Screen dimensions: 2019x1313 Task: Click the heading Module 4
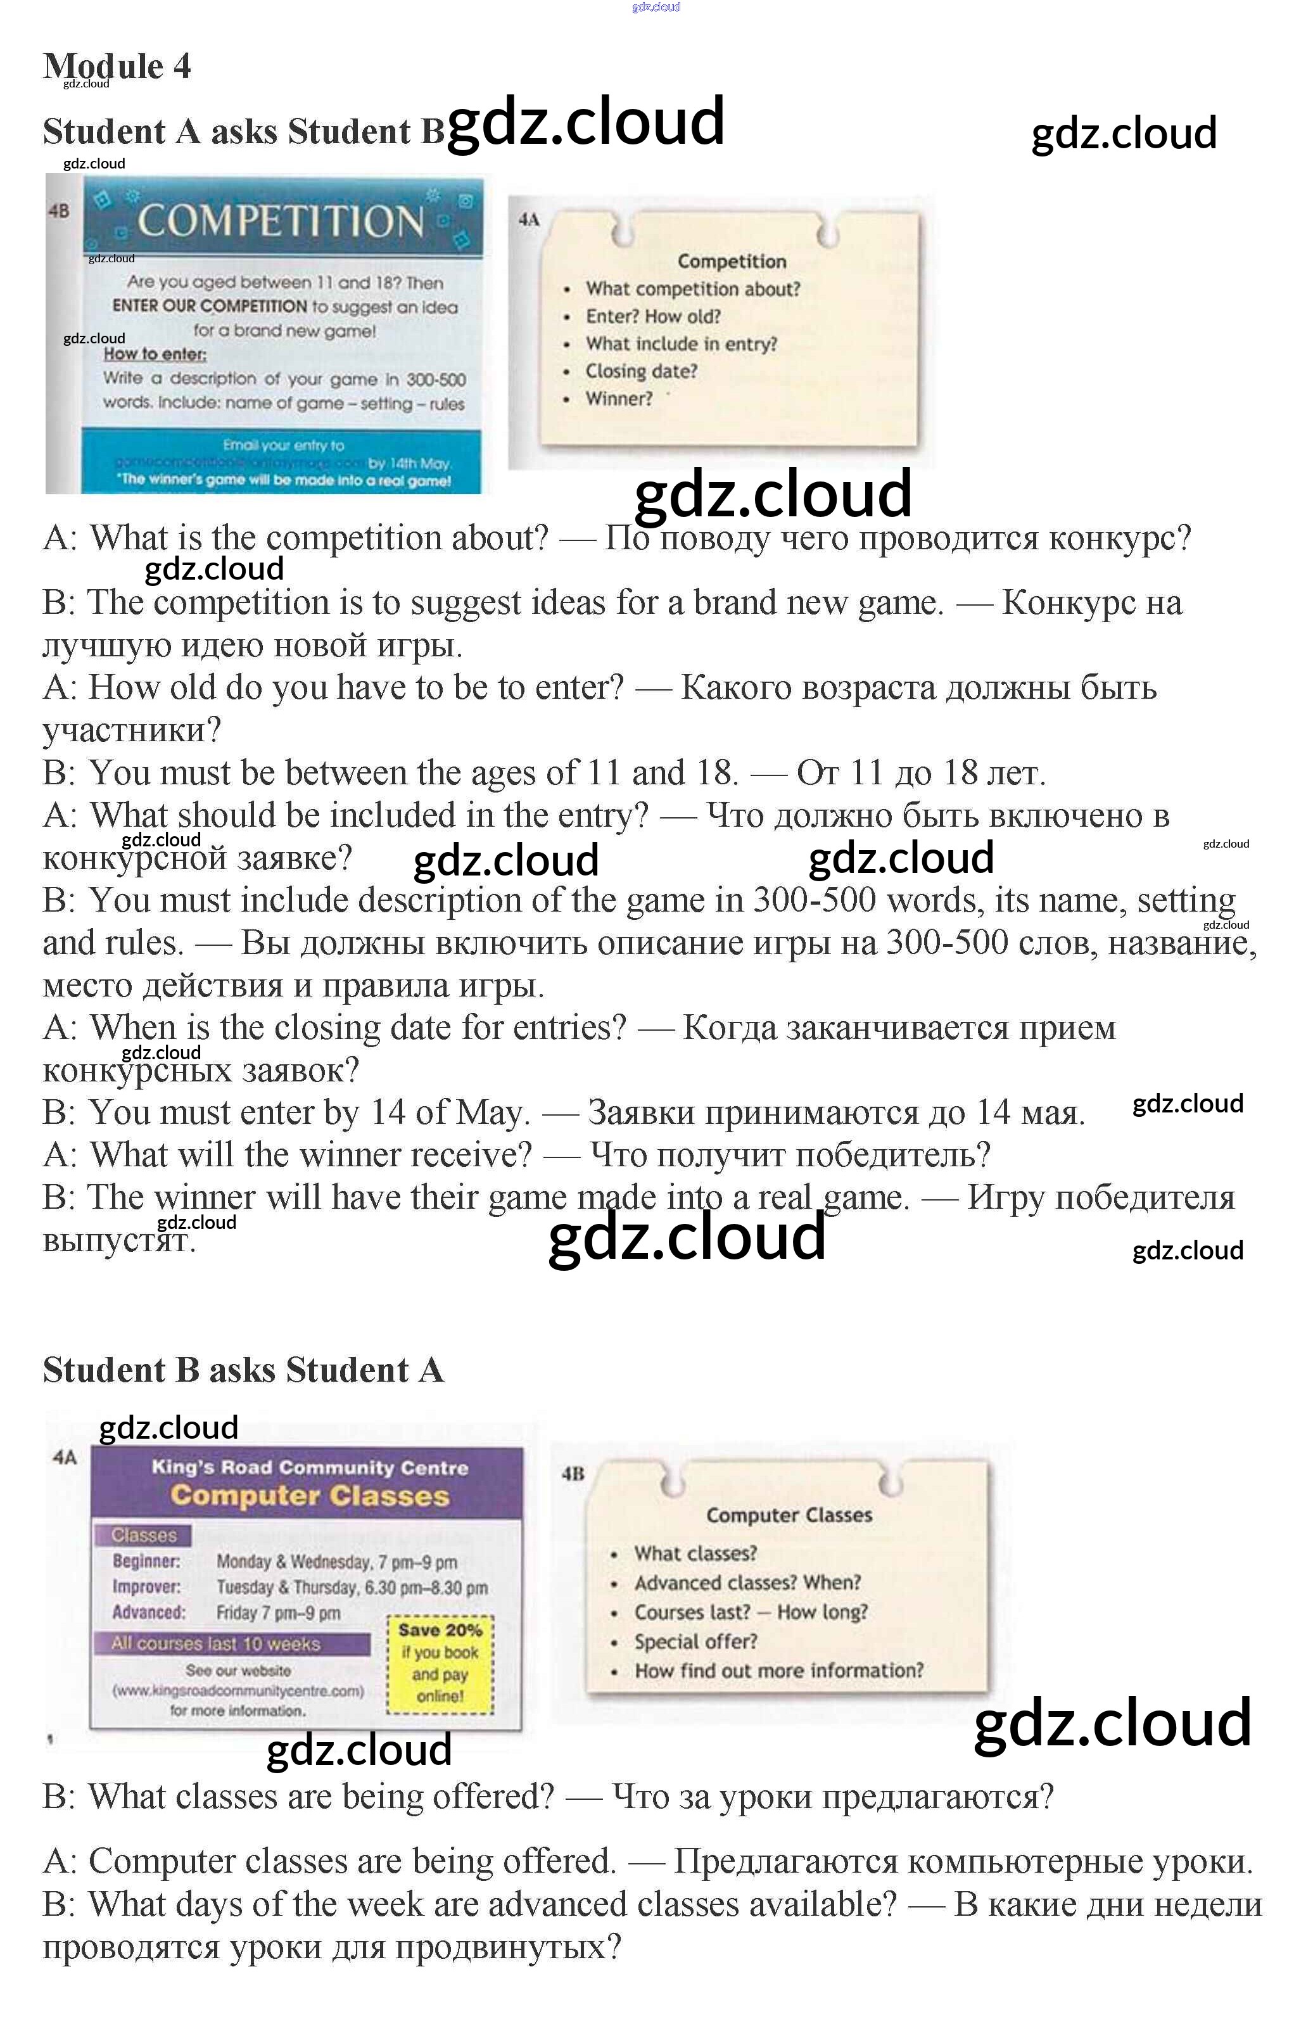tap(117, 66)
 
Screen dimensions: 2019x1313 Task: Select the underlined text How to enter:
tap(155, 353)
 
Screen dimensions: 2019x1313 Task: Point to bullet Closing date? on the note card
tap(640, 371)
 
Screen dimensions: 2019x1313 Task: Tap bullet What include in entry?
tap(680, 343)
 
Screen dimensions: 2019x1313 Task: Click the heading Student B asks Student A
tap(243, 1370)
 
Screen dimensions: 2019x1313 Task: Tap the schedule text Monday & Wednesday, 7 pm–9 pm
tap(337, 1561)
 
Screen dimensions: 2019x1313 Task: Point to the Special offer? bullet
tap(695, 1641)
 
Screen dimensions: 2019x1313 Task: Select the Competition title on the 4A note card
tap(731, 261)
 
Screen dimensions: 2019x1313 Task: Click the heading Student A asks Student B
tap(243, 132)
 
